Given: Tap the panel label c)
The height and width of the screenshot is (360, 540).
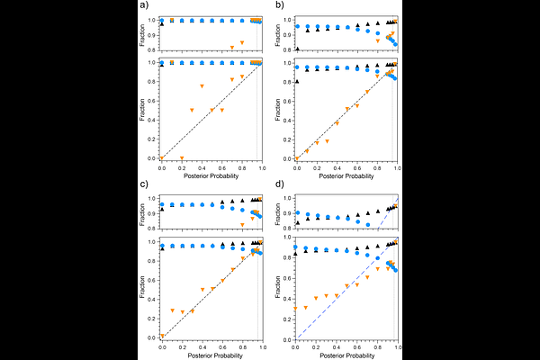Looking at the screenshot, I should (x=143, y=186).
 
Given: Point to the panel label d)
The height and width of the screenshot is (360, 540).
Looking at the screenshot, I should (x=280, y=186).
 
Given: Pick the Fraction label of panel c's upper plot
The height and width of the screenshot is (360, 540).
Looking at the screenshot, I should (x=142, y=213).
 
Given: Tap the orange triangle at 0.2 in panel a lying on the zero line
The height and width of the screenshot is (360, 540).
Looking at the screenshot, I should (x=182, y=158).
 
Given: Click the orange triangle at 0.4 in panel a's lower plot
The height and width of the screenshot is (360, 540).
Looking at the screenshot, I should (x=202, y=85).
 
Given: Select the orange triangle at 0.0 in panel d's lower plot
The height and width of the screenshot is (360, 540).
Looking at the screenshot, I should (x=297, y=309).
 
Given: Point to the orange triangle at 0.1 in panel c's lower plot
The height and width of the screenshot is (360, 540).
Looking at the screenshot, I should (x=172, y=310).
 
